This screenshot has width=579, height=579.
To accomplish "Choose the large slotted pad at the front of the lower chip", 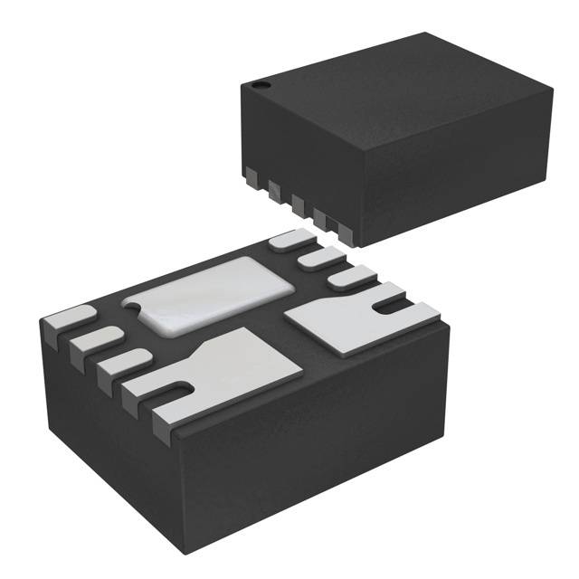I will pos(226,371).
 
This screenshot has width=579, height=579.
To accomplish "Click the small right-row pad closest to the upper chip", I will pos(289,239).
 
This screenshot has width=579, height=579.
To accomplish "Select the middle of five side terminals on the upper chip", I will pos(296,202).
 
